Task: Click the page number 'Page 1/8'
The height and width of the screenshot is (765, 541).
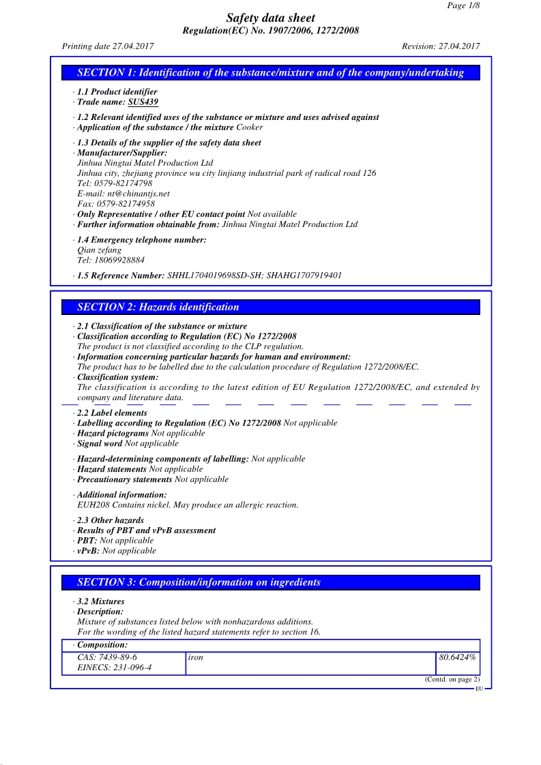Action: tap(463, 5)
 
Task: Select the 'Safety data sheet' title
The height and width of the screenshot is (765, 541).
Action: tap(271, 18)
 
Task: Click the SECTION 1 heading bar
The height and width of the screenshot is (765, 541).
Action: tap(271, 73)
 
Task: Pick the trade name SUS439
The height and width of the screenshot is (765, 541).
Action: tap(143, 102)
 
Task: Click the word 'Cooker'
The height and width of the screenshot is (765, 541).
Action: tap(250, 127)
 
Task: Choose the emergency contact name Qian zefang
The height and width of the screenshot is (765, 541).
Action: tap(100, 250)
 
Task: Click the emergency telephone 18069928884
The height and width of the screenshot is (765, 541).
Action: tap(119, 260)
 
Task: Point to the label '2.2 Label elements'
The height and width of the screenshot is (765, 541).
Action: tap(112, 413)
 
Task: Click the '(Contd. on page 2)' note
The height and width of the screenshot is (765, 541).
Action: tap(452, 679)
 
